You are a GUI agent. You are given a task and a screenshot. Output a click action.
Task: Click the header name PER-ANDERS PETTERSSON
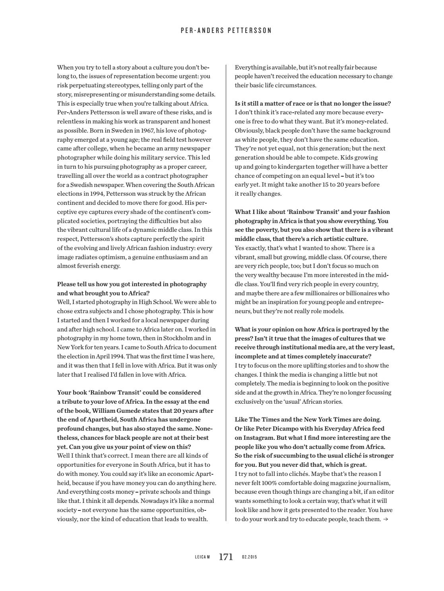point(226,30)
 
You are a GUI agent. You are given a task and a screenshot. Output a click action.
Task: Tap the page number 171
point(226,557)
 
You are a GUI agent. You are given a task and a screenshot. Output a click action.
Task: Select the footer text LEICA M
point(202,557)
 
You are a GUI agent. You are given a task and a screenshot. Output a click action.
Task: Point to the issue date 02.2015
point(250,557)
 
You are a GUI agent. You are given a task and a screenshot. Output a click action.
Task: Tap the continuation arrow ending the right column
point(385,519)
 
